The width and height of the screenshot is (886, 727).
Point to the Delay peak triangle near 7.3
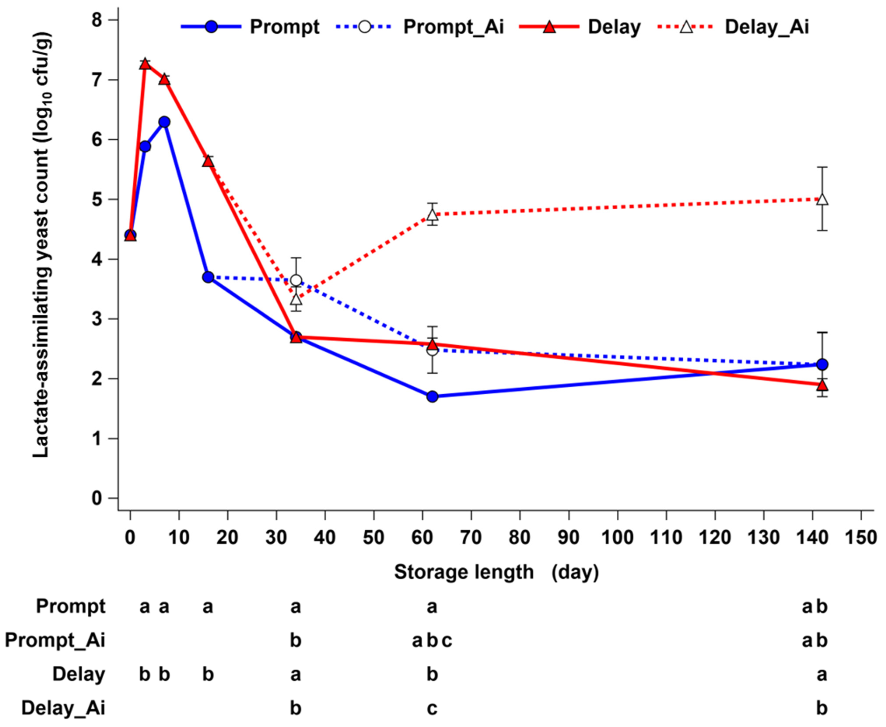click(x=145, y=64)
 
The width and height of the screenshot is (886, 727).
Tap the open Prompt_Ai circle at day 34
click(x=296, y=280)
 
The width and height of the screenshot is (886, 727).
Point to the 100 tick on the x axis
click(x=617, y=537)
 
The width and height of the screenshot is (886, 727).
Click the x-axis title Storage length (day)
click(x=496, y=572)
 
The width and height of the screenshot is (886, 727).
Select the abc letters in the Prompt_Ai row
click(x=432, y=640)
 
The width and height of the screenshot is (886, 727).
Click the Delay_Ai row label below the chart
click(x=63, y=708)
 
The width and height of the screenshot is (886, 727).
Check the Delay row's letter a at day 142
click(x=822, y=675)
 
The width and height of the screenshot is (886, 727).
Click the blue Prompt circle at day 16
click(x=208, y=277)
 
